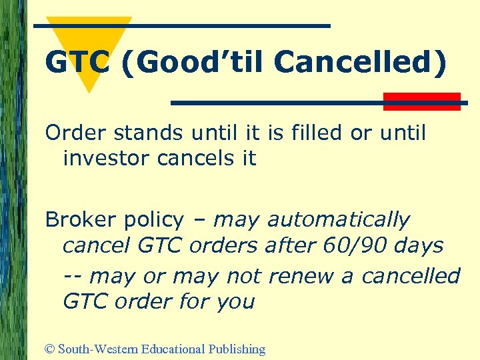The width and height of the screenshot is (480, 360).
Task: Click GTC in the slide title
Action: [x=74, y=63]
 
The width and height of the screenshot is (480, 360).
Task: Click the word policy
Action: [x=154, y=221]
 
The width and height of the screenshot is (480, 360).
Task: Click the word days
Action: [x=418, y=246]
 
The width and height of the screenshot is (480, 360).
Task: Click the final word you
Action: [x=235, y=302]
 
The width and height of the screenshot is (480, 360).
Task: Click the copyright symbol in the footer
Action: [x=50, y=349]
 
